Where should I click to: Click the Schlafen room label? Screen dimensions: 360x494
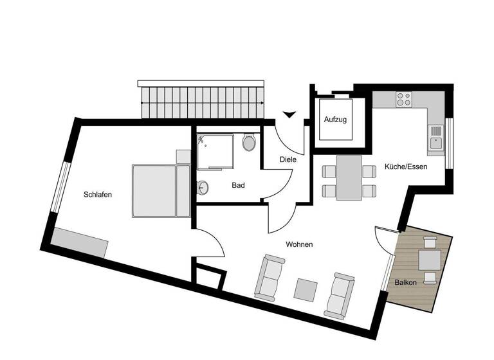(x=98, y=195)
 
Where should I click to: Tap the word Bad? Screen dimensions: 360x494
(x=238, y=186)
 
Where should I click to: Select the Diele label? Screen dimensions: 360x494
(x=288, y=159)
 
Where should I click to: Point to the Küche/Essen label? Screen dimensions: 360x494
(x=405, y=166)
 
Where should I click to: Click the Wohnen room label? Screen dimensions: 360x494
(x=299, y=244)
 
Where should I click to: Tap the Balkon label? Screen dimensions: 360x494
(x=405, y=282)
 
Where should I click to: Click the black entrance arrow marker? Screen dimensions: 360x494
(x=289, y=115)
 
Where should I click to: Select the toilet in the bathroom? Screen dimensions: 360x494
(x=250, y=142)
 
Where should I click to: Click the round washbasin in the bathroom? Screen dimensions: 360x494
(x=204, y=188)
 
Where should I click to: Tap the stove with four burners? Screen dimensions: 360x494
(x=404, y=99)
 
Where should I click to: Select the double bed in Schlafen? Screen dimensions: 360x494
(x=161, y=191)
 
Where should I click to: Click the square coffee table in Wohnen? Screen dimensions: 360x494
(x=306, y=289)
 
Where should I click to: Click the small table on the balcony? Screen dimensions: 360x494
(x=430, y=260)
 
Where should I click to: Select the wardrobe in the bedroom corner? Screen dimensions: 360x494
(x=80, y=243)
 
